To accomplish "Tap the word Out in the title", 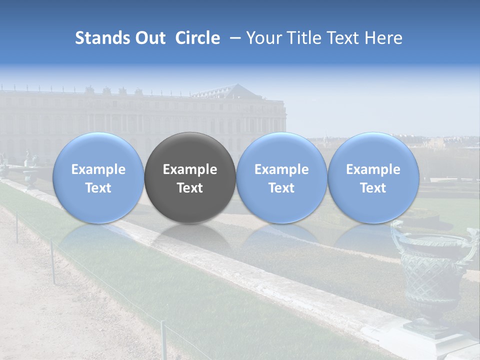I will click(149, 38).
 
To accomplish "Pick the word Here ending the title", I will click(385, 38).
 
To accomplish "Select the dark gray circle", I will click(190, 177).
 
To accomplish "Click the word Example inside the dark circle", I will click(190, 169).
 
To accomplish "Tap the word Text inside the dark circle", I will click(190, 188).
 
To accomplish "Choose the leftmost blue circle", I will click(98, 177).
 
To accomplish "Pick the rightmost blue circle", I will click(373, 177).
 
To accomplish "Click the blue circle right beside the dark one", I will click(281, 177).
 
